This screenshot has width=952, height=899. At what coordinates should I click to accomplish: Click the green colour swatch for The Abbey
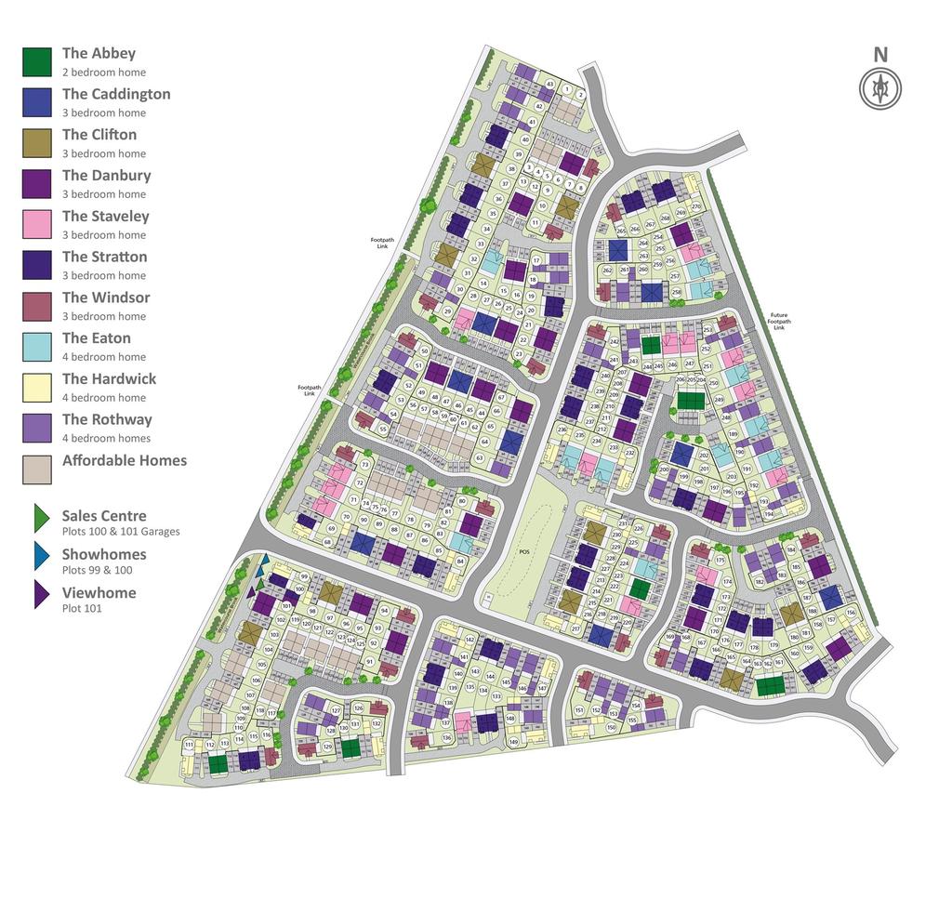37,62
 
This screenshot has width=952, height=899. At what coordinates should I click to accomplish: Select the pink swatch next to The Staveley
37,225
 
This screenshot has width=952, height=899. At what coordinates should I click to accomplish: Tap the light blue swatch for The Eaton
37,347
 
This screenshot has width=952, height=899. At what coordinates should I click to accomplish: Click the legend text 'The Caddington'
116,94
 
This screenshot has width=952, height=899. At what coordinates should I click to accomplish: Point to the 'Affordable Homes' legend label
124,460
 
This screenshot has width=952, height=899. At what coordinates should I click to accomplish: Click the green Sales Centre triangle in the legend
41,519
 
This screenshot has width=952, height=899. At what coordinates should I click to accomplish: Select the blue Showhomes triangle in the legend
41,556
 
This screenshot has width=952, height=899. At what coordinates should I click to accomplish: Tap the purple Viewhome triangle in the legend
41,595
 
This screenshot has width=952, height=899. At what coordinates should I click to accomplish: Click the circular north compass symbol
879,89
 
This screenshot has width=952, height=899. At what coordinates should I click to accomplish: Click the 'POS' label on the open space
523,551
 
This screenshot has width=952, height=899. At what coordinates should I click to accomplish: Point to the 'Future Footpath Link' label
778,322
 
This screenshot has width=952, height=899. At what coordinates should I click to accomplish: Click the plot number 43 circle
549,85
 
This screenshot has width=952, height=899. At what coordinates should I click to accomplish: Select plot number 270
695,206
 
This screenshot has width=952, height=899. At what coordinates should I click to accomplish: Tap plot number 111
189,745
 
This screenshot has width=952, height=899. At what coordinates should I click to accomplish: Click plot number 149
513,741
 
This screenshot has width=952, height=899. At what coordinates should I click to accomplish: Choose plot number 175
720,561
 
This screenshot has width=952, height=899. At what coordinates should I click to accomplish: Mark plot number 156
851,613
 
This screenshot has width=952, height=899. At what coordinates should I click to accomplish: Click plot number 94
382,611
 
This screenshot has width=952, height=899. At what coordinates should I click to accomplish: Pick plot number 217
575,629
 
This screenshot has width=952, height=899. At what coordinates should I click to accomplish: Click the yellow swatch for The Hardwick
37,388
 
